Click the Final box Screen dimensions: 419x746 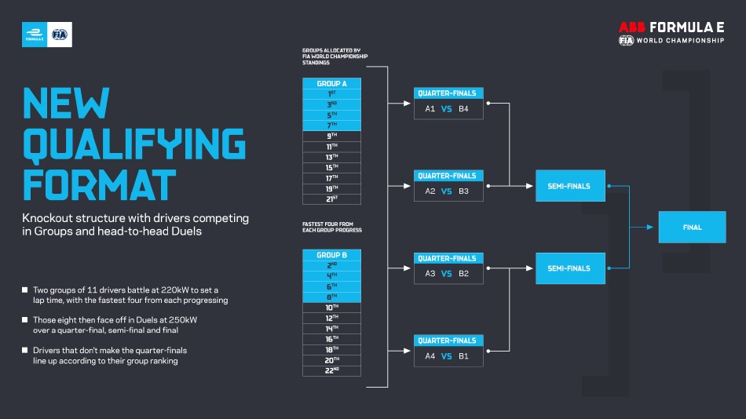[x=692, y=228]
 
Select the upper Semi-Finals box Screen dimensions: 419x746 [x=570, y=186]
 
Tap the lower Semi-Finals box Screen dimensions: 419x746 [x=570, y=268]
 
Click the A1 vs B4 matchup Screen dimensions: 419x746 [x=448, y=109]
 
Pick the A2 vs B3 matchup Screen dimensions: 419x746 [x=448, y=191]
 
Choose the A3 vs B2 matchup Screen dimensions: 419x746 [x=448, y=274]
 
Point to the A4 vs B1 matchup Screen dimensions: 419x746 [x=448, y=356]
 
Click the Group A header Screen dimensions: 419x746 [x=331, y=83]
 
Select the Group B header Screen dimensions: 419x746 [x=331, y=255]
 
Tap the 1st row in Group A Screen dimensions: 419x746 [x=331, y=94]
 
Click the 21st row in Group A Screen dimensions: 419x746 [x=331, y=199]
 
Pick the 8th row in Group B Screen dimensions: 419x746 [x=331, y=297]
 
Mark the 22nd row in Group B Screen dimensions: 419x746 [x=331, y=370]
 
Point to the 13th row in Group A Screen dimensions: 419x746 [x=331, y=157]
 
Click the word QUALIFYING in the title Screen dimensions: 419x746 [x=133, y=143]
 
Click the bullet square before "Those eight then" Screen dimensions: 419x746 [x=25, y=320]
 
